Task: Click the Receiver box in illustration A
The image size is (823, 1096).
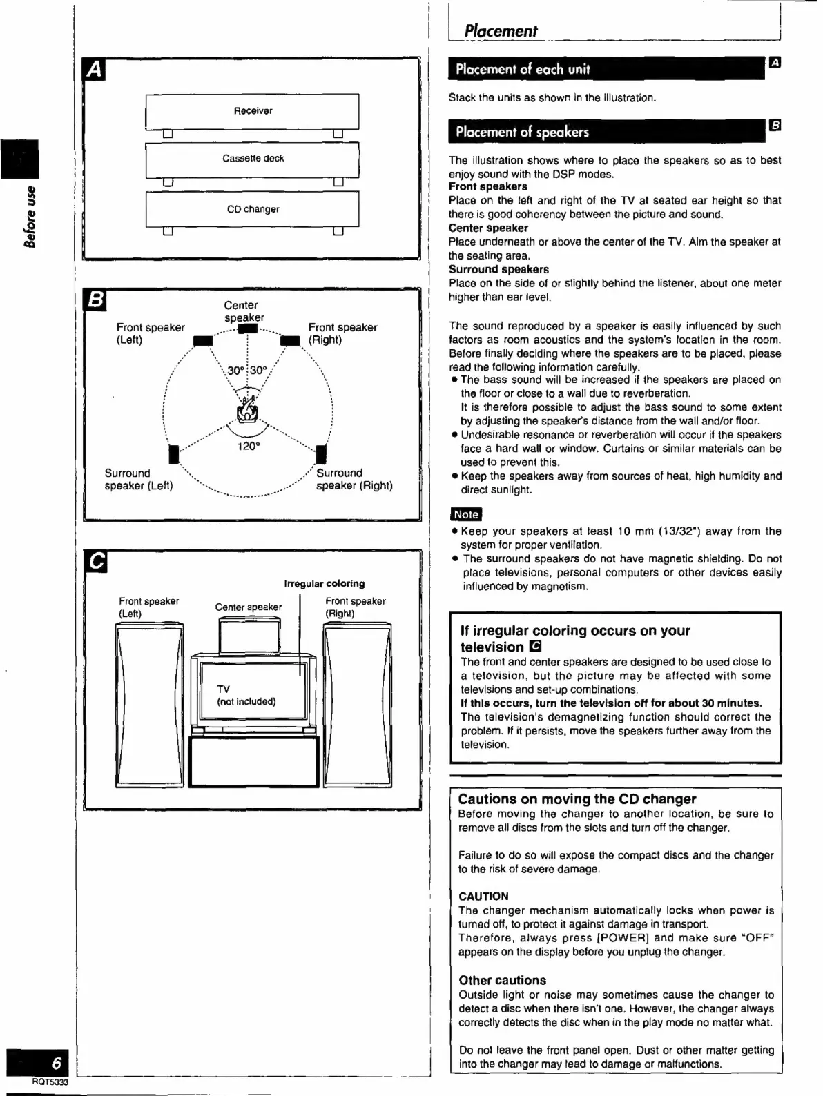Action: pos(253,111)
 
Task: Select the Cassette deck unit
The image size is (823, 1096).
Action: pos(253,159)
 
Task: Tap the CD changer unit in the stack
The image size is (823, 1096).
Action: pos(253,209)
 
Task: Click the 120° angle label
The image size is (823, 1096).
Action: pos(249,447)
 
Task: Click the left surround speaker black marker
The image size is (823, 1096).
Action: pos(174,454)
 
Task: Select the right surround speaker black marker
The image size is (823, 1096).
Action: pos(321,454)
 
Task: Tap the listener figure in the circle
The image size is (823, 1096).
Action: pos(247,409)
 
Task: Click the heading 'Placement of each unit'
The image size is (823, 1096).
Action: pos(523,69)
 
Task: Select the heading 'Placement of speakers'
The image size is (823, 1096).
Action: pos(522,132)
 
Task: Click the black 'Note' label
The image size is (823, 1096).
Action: pos(465,514)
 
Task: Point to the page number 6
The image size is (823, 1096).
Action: pos(57,1063)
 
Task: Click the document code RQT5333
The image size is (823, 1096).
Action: pos(50,1082)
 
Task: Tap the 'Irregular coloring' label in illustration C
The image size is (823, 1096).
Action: pos(324,584)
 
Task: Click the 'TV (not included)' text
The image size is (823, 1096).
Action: pos(246,695)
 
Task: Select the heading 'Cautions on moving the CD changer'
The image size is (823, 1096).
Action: pos(577,799)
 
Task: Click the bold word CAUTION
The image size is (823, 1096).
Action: pos(483,897)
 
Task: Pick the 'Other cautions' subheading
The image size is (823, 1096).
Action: pos(502,980)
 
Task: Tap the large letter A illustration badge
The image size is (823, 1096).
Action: pos(95,70)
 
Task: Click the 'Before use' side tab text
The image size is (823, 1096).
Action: pos(30,216)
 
